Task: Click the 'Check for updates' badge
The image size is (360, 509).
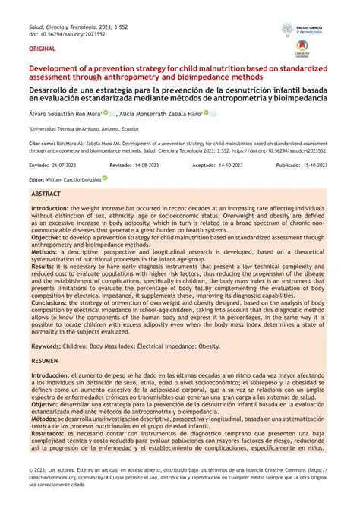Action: coord(303,55)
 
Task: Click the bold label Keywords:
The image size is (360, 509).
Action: coord(47,346)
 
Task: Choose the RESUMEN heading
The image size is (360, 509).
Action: coord(45,361)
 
